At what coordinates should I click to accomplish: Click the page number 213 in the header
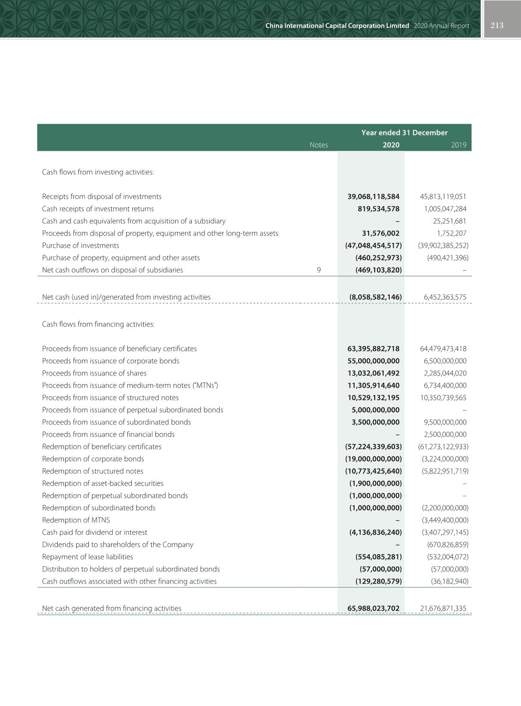(x=497, y=25)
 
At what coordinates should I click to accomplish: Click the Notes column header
(x=318, y=145)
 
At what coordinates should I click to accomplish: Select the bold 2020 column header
(x=391, y=145)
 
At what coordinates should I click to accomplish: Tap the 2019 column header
(x=458, y=145)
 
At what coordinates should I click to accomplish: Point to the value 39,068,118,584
(x=373, y=197)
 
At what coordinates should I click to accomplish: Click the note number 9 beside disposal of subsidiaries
(x=319, y=270)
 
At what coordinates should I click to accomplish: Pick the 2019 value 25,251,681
(x=450, y=221)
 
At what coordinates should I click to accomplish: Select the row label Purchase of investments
(x=81, y=246)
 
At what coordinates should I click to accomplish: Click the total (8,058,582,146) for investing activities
(x=375, y=297)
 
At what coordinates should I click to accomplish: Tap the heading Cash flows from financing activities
(x=98, y=324)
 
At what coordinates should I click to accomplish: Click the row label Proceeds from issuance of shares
(x=94, y=373)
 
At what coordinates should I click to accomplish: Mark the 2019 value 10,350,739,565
(x=443, y=398)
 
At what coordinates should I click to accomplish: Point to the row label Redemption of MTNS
(x=76, y=520)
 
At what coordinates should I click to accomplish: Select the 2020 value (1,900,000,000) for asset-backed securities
(x=375, y=483)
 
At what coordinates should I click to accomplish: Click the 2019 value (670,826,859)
(x=447, y=545)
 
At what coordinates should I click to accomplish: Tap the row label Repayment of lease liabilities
(x=88, y=557)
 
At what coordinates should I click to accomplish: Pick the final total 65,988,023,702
(x=373, y=609)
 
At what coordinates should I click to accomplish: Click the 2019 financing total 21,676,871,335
(x=443, y=609)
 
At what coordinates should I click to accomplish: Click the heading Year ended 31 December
(x=404, y=133)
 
